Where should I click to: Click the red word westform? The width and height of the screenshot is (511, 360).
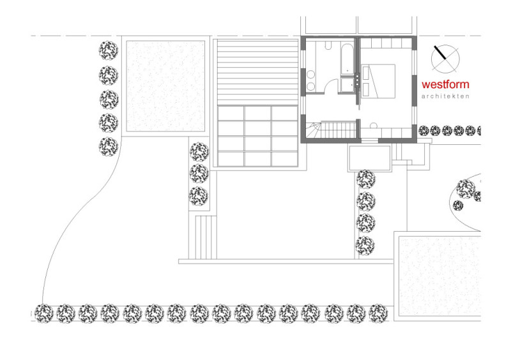(445, 84)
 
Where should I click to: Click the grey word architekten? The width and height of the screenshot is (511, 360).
(445, 96)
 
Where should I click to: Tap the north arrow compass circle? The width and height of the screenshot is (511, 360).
(445, 59)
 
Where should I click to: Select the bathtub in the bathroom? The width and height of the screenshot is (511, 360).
(347, 59)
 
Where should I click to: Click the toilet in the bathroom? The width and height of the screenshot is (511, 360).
(328, 45)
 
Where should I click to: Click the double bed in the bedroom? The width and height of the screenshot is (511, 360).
(378, 82)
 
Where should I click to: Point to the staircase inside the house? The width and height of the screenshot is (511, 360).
(331, 130)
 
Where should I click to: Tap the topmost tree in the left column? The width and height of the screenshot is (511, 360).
(109, 50)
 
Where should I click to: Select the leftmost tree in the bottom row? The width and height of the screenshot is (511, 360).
(43, 313)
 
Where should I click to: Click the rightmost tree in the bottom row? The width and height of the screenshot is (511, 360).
(378, 313)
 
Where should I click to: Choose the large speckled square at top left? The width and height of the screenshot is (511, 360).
(165, 86)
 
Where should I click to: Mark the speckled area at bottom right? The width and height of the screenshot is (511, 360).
(439, 276)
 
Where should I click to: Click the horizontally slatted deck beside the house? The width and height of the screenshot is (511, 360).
(257, 72)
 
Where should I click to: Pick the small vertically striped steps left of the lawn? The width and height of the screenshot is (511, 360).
(206, 237)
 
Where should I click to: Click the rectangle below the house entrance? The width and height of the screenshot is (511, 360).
(370, 158)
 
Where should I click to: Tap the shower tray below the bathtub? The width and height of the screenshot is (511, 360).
(347, 85)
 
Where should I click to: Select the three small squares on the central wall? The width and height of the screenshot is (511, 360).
(358, 80)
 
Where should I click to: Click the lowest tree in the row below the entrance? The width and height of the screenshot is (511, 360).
(365, 246)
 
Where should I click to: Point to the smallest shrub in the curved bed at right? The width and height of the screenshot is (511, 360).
(458, 206)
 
